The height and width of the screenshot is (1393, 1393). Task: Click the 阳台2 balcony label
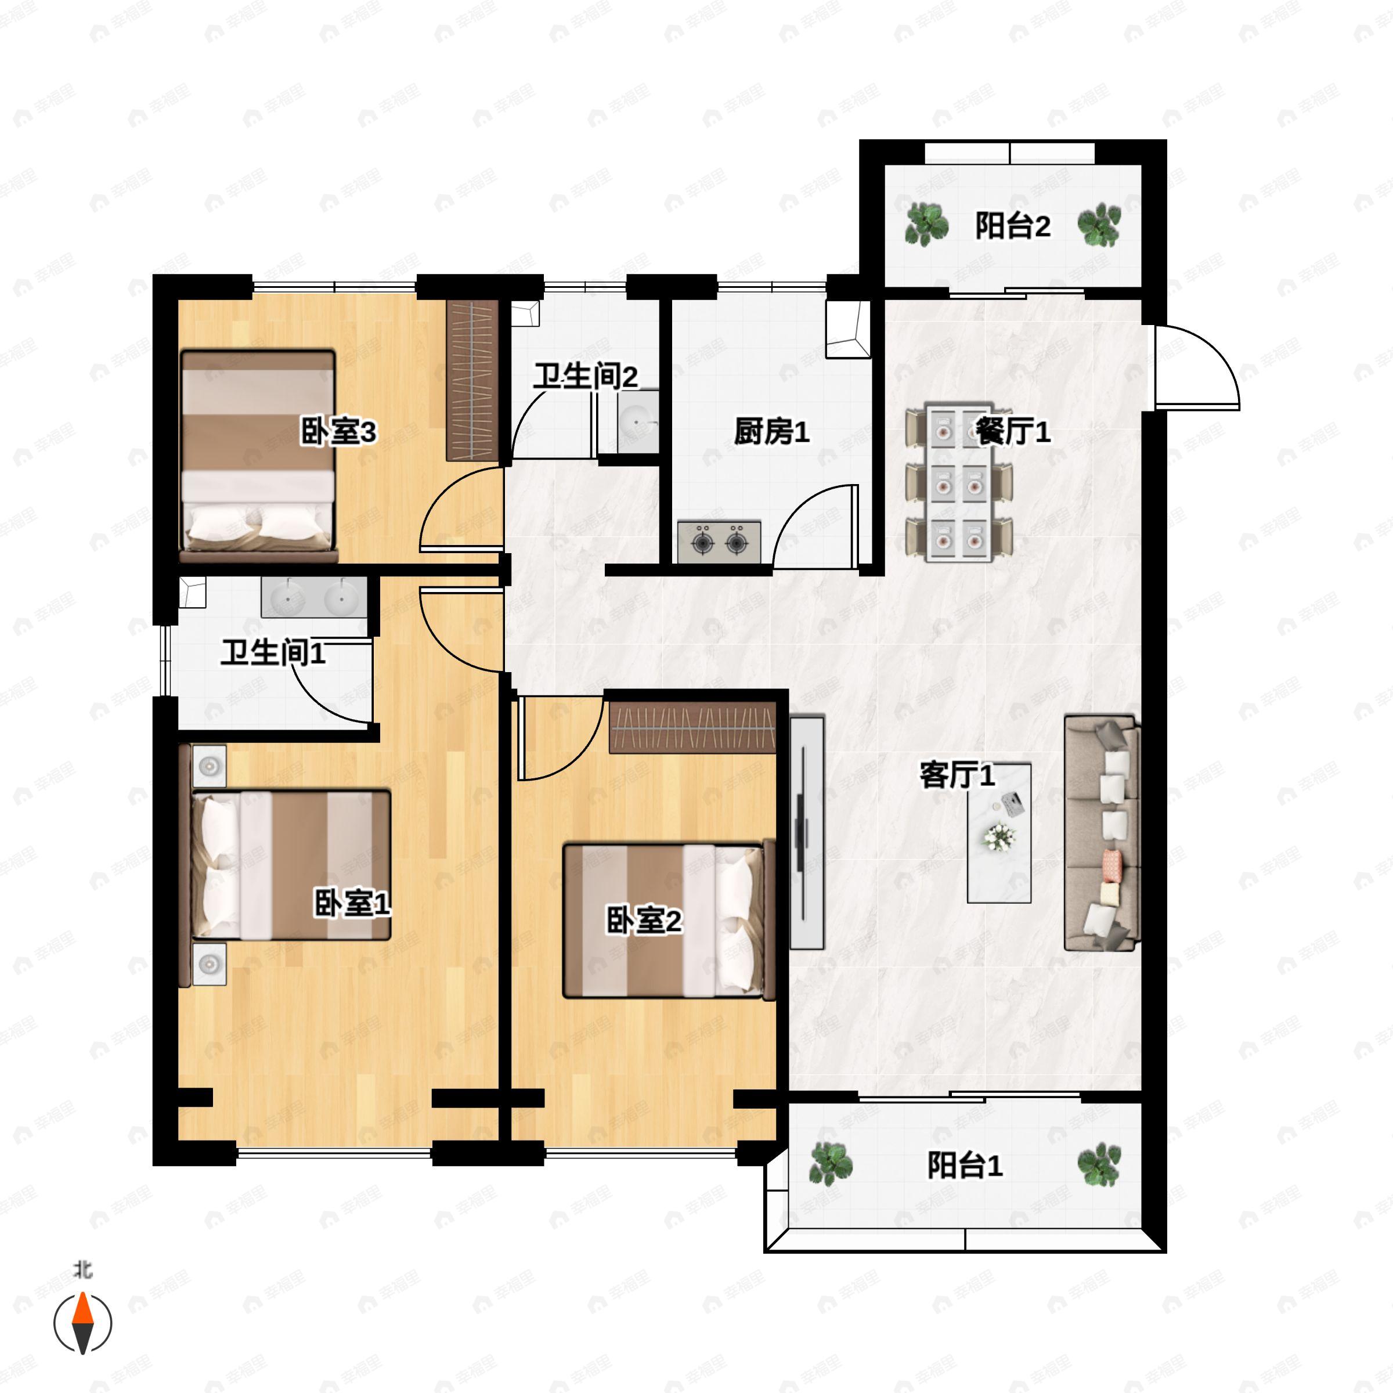pos(1012,226)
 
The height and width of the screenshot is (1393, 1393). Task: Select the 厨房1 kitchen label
pos(771,431)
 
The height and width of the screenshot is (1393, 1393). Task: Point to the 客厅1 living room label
pos(957,775)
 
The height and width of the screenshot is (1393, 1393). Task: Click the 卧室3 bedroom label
pos(338,432)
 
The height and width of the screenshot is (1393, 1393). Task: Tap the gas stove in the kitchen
pos(719,541)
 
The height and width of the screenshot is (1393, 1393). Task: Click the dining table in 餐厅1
pos(959,482)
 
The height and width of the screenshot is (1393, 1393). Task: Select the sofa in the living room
pos(1101,833)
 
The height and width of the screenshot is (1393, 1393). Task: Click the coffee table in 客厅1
pos(998,833)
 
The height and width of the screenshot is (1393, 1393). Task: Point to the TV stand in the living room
pos(807,833)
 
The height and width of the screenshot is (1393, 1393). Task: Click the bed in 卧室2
pos(669,922)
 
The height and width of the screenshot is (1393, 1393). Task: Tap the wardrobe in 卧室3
pos(472,380)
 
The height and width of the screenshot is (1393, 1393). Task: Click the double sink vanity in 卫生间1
pos(315,598)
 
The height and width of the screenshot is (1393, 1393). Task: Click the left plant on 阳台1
pos(831,1164)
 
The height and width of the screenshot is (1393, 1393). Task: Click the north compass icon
pos(83,1323)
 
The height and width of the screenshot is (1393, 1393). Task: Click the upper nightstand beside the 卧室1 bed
pos(209,766)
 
